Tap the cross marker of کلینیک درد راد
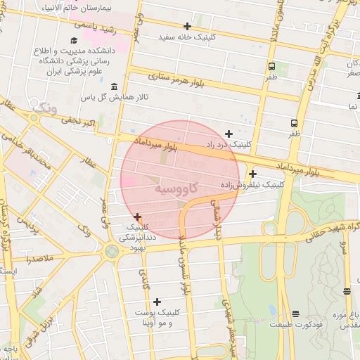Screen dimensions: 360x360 [229, 133]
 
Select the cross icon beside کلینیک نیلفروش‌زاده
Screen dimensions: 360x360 [252, 174]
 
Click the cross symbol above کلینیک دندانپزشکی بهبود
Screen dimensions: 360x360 [137, 217]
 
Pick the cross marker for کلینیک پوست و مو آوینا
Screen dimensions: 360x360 [157, 302]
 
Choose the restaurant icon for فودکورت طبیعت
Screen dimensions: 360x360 [294, 313]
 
